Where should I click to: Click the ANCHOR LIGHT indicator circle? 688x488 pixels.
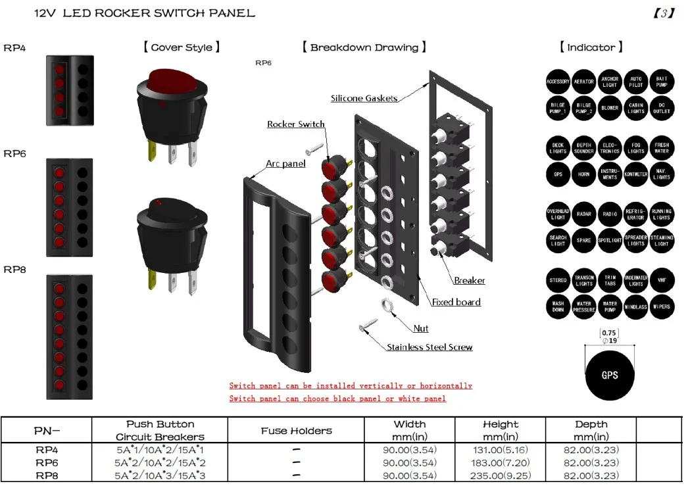(x=610, y=82)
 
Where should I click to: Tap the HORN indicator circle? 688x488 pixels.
(x=583, y=174)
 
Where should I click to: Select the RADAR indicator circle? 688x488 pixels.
(x=583, y=214)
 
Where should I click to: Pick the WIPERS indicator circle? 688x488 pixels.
(x=662, y=306)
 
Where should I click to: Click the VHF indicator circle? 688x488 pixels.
(x=662, y=281)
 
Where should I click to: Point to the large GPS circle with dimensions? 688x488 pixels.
(x=610, y=376)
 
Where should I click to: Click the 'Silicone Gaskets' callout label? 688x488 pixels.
(x=364, y=98)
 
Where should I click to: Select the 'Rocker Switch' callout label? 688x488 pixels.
(x=295, y=124)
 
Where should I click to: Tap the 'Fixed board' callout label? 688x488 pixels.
(x=456, y=303)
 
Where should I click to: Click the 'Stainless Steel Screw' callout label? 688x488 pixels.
(x=430, y=347)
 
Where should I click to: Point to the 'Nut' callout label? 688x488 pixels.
(x=421, y=328)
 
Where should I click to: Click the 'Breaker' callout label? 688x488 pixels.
(x=470, y=281)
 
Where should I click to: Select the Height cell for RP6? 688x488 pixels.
(x=501, y=463)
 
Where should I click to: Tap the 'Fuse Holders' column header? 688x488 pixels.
(x=296, y=431)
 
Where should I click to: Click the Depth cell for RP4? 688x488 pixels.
(x=591, y=451)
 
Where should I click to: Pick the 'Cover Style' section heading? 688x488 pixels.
(x=181, y=47)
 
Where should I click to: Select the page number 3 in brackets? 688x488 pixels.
(x=663, y=12)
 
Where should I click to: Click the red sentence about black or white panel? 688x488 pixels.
(x=337, y=399)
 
